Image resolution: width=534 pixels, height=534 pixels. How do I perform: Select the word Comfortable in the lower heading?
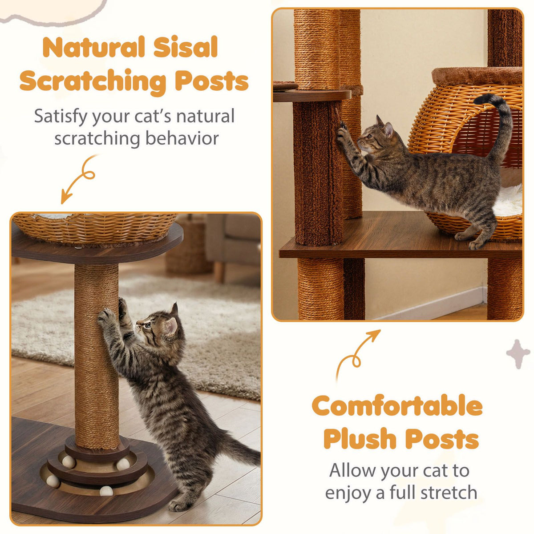pyautogui.click(x=397, y=406)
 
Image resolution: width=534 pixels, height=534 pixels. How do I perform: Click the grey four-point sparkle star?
pyautogui.click(x=518, y=354)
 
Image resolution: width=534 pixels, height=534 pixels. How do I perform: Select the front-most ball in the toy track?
pyautogui.click(x=106, y=490)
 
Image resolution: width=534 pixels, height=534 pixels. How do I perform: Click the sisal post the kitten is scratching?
pyautogui.click(x=96, y=356)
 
